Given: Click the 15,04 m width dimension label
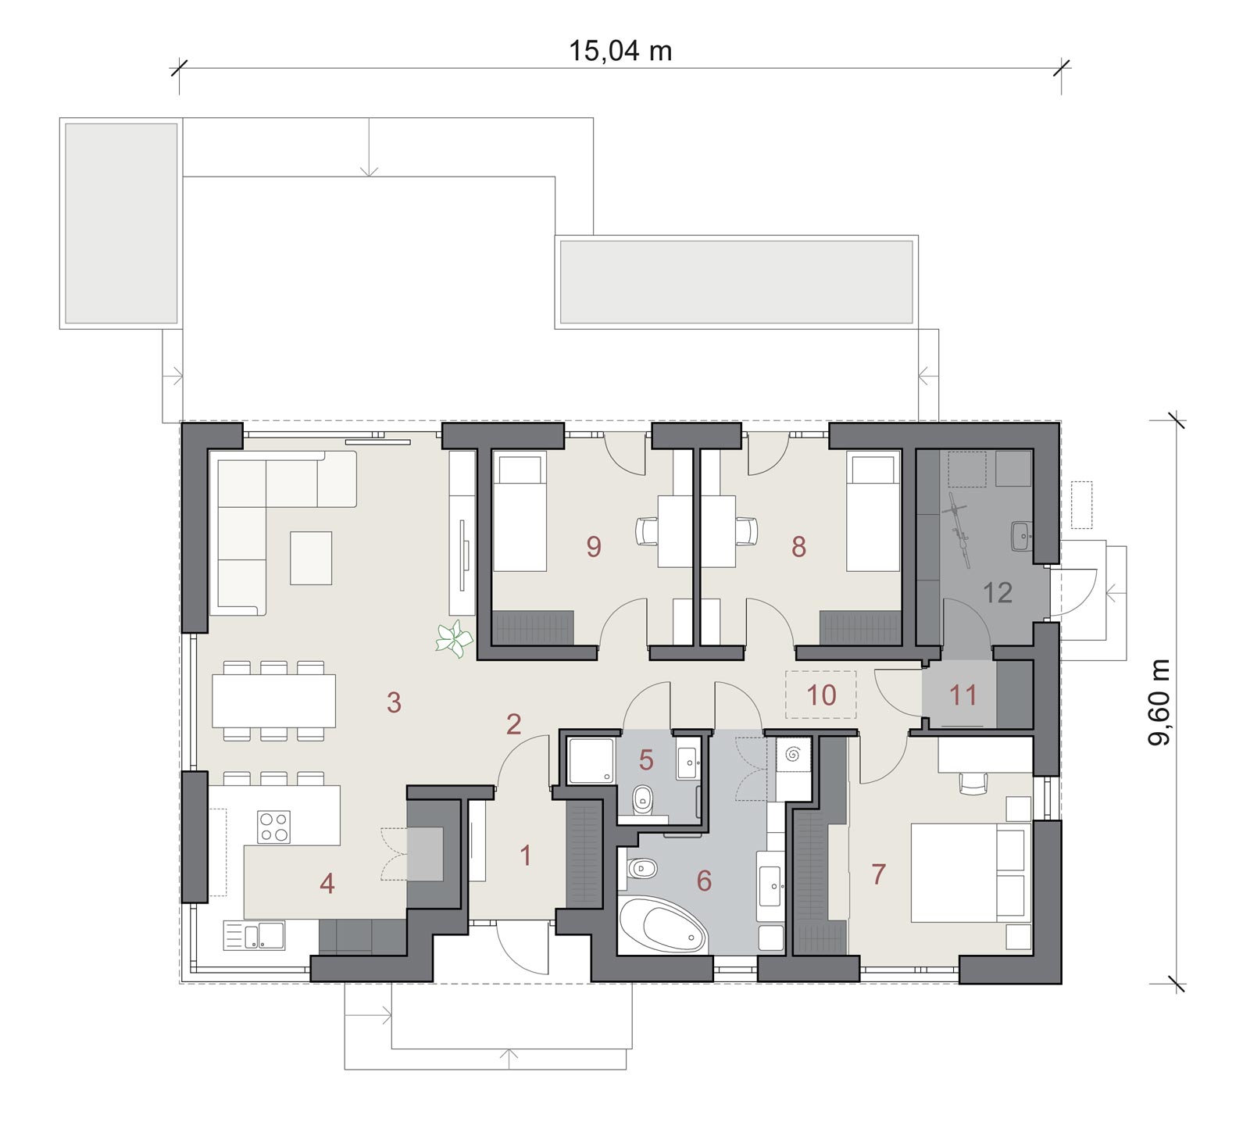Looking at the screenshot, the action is click(620, 51).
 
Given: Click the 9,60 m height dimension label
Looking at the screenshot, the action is click(1159, 702).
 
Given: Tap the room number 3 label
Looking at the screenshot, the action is click(394, 702).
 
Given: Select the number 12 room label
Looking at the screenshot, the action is click(997, 592).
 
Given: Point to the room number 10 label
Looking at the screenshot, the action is click(821, 695).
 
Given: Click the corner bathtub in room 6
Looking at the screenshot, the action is click(662, 925).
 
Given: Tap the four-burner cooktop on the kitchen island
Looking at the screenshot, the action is click(273, 827).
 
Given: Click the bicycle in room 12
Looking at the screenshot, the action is click(960, 528).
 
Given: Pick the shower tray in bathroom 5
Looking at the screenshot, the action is click(591, 759).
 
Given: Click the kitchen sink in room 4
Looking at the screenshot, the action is click(255, 935).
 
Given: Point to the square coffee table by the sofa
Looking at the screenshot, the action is click(311, 558).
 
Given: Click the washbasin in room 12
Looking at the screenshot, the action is click(1022, 535).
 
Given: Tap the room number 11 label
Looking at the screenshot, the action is click(963, 695).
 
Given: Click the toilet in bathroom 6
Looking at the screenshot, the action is click(639, 867).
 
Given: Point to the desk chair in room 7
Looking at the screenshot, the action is click(973, 782).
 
